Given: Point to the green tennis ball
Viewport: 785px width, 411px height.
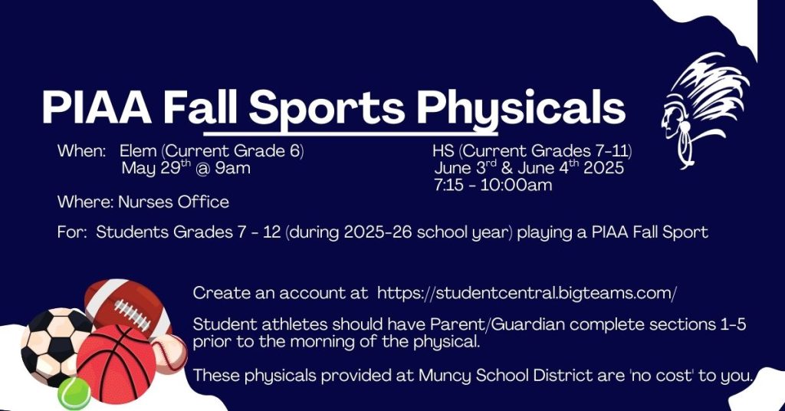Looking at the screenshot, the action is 74,393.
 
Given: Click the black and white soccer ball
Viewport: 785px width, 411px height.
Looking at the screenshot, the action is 54,347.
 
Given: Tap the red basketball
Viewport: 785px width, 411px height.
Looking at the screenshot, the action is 117,364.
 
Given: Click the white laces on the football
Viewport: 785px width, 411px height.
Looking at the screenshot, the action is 132,315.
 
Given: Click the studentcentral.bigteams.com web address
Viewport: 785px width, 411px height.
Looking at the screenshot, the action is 527,293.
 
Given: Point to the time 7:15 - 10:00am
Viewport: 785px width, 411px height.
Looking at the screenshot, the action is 493,186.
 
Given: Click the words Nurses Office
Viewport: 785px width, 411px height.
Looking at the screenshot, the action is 173,202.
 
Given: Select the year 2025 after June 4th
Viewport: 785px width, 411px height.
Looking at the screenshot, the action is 604,168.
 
